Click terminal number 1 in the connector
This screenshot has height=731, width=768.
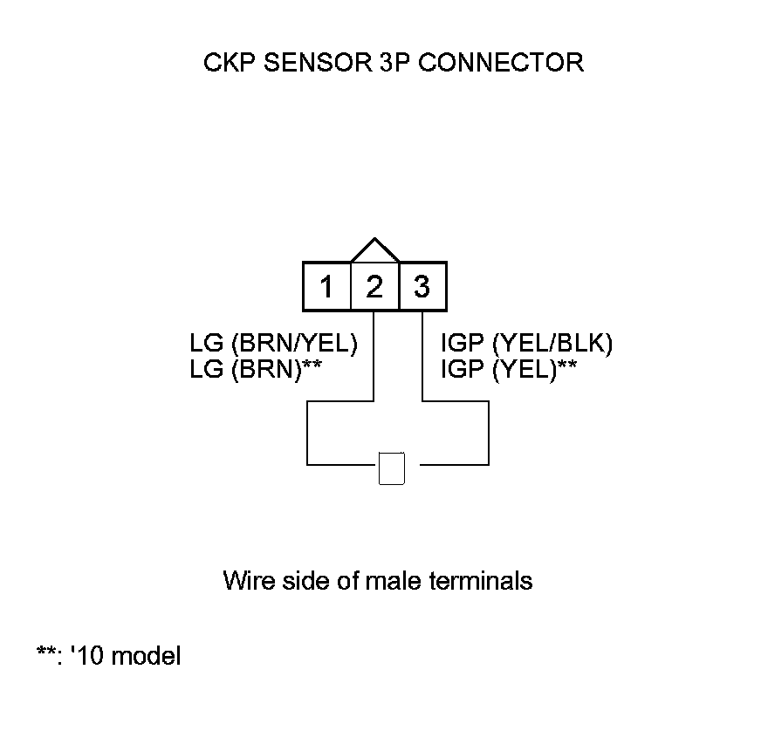[326, 286]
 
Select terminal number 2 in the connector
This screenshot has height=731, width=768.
[374, 286]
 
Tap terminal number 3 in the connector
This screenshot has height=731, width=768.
[422, 286]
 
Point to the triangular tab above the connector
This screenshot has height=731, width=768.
[374, 250]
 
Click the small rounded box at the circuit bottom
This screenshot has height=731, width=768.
[392, 468]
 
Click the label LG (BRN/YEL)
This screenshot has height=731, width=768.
[274, 344]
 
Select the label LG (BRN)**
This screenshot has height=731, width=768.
[257, 369]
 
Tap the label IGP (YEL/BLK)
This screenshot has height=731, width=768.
[527, 344]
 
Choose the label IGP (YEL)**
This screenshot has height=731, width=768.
[509, 369]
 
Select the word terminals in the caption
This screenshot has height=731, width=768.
[480, 580]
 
